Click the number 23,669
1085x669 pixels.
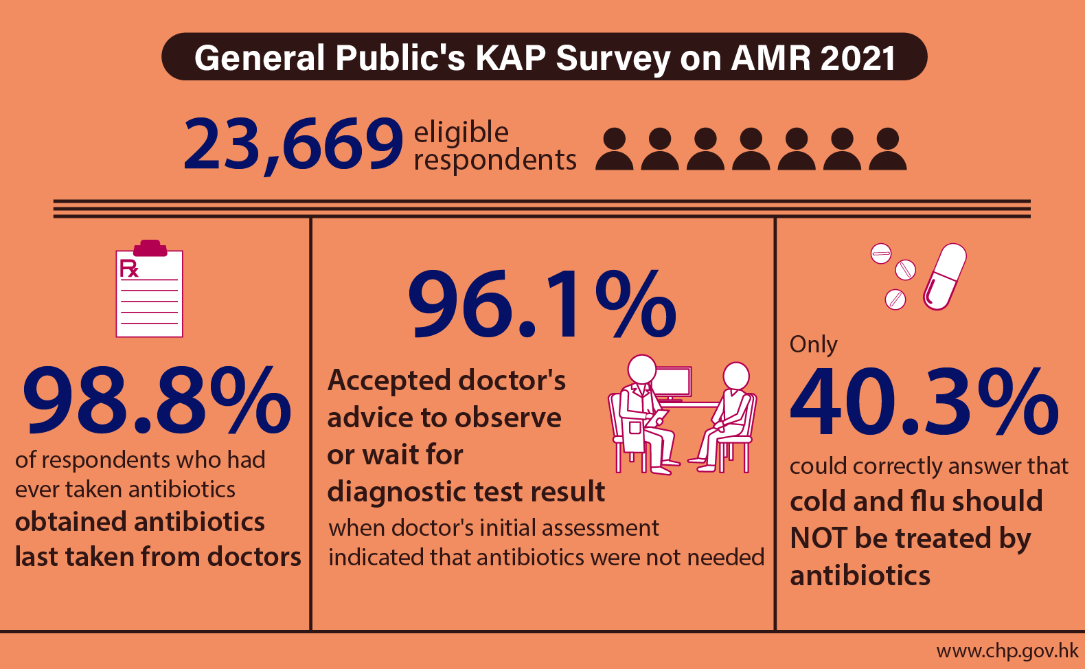293,144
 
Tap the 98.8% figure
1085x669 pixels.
157,400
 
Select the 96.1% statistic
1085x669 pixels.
542,304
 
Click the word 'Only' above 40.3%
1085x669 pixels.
813,343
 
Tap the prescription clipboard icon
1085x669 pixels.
150,292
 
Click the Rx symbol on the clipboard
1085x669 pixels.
128,269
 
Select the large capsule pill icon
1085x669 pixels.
945,276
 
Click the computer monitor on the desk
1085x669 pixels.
672,383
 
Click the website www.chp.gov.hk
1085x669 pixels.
1007,650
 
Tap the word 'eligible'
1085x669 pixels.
461,132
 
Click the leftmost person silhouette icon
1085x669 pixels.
614,149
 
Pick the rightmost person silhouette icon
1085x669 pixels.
888,149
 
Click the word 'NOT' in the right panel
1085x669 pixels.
818,538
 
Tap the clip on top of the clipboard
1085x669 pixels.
150,247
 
